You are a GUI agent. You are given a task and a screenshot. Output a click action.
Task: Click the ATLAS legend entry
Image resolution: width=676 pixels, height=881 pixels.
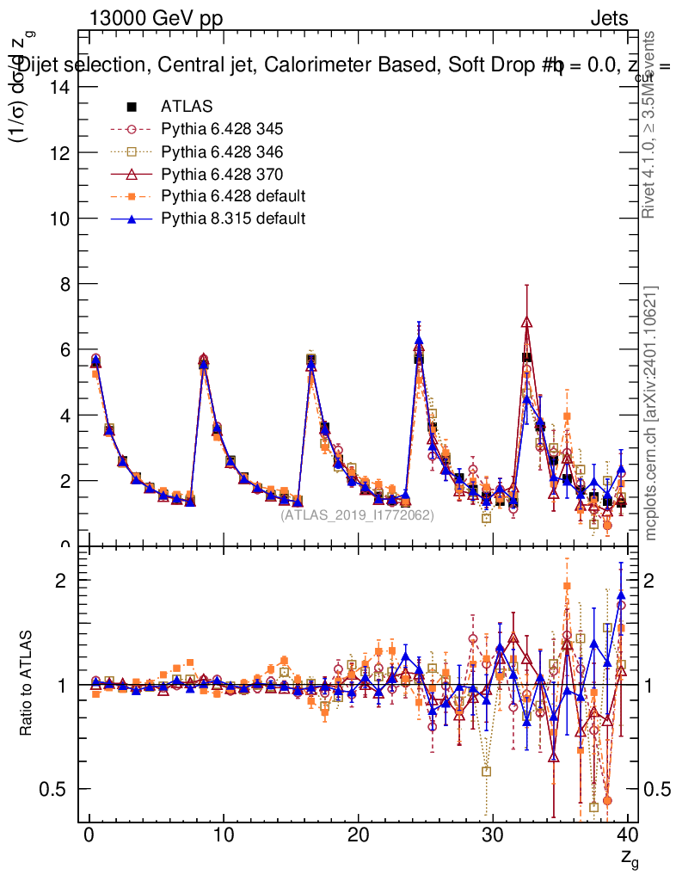tap(185, 107)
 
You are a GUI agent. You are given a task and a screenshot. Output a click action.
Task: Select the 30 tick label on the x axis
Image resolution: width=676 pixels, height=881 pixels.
tap(493, 835)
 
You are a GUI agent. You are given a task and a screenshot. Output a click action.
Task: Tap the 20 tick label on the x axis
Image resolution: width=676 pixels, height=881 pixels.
tap(358, 835)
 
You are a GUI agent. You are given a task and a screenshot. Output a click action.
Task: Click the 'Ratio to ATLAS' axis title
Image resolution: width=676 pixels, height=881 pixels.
tap(28, 684)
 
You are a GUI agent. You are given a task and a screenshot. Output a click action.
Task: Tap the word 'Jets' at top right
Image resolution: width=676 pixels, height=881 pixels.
tap(608, 19)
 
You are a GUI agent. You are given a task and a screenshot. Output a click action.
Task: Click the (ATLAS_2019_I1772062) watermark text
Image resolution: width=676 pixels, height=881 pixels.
tap(357, 514)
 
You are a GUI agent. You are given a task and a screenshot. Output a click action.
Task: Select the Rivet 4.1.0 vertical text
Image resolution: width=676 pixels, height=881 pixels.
tap(651, 125)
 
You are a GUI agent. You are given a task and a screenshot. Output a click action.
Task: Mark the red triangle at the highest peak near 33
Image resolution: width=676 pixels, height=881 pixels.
tap(527, 322)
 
